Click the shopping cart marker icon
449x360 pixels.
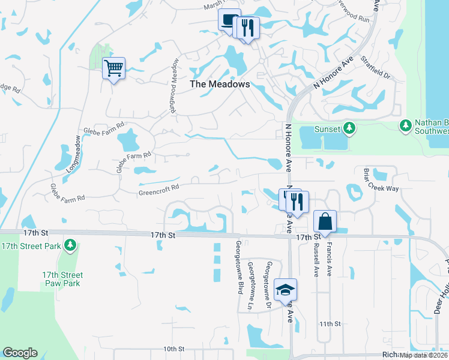pyautogui.click(x=113, y=68)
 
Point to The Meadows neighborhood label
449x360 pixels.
pyautogui.click(x=220, y=85)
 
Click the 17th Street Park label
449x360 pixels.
pyautogui.click(x=31, y=246)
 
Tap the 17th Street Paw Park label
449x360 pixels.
pyautogui.click(x=62, y=279)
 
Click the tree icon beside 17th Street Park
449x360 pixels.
pyautogui.click(x=70, y=245)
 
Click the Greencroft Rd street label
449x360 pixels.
pyautogui.click(x=159, y=187)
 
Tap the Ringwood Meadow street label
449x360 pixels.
pyautogui.click(x=173, y=78)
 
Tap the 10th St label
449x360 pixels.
pyautogui.click(x=173, y=349)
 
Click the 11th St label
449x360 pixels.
pyautogui.click(x=330, y=323)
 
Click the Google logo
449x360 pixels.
pyautogui.click(x=20, y=353)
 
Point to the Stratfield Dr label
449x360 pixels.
pyautogui.click(x=376, y=68)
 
